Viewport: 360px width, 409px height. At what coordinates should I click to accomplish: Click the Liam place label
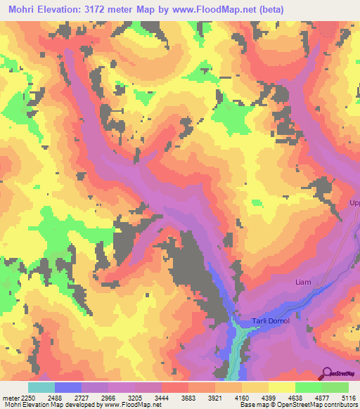click(x=302, y=282)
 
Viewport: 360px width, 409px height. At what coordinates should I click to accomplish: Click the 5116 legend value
click(x=349, y=396)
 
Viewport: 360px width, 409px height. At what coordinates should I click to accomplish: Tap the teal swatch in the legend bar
click(x=41, y=387)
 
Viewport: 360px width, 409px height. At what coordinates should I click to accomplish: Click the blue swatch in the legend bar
click(x=67, y=387)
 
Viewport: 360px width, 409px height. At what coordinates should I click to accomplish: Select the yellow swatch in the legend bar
click(x=281, y=387)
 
